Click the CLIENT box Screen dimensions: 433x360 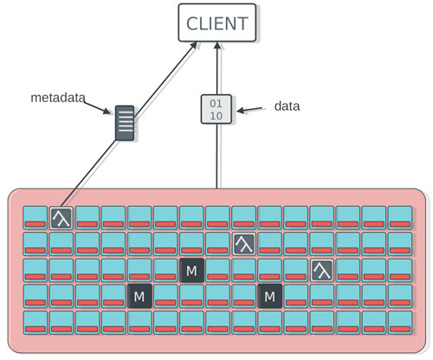(x=217, y=22)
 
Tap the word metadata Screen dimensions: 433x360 (x=58, y=98)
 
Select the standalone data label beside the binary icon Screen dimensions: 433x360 (x=287, y=106)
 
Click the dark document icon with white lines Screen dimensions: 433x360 (x=125, y=123)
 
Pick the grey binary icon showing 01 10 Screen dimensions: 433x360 (x=216, y=109)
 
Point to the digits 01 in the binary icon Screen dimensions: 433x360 (x=216, y=103)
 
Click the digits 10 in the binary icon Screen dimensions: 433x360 (x=216, y=116)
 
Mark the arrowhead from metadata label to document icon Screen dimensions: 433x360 (x=107, y=111)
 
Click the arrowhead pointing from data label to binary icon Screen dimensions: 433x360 (x=241, y=110)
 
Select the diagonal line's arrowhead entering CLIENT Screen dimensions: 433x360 (x=193, y=46)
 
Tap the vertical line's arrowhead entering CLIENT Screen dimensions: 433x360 (x=217, y=45)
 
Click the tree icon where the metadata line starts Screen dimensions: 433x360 (x=61, y=218)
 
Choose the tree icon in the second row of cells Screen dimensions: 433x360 (x=244, y=244)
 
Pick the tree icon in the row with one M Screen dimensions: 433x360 (x=322, y=270)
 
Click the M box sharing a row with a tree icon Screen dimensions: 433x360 (x=191, y=270)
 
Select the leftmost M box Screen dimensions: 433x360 (x=139, y=296)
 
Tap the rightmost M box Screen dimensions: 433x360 (x=270, y=296)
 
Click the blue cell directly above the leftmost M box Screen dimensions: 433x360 (x=139, y=270)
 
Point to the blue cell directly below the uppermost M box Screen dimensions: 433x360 (x=191, y=296)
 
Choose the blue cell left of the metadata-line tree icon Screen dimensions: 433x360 (x=35, y=218)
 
